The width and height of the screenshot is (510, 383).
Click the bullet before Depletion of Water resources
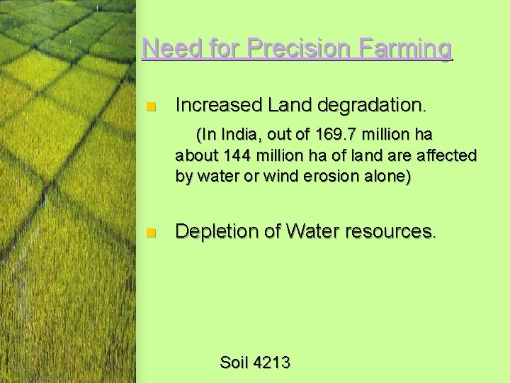tap(149, 233)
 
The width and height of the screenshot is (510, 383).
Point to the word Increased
tap(219, 106)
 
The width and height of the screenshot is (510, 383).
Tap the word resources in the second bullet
tap(393, 231)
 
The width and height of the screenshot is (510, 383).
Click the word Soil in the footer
tap(233, 362)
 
